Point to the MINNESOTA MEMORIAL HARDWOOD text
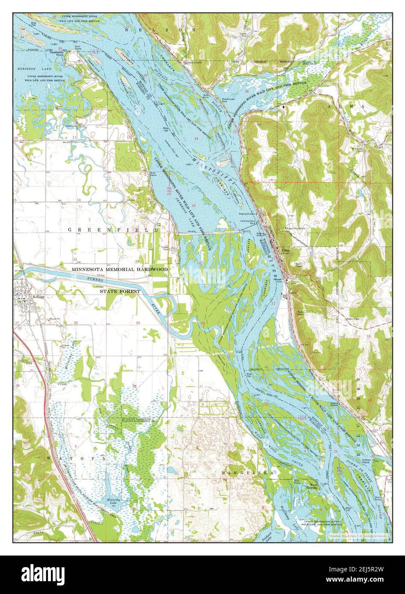coord(120,270)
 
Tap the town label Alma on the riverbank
coord(285,251)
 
